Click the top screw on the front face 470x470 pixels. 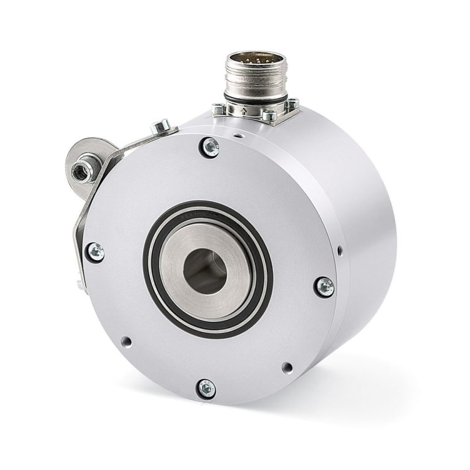click(x=210, y=145)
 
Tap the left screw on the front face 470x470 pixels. click(x=95, y=251)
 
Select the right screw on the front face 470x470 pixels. click(x=325, y=285)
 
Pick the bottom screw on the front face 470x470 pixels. click(x=207, y=387)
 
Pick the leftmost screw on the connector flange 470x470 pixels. click(x=217, y=110)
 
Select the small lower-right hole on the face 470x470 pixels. click(x=285, y=368)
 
